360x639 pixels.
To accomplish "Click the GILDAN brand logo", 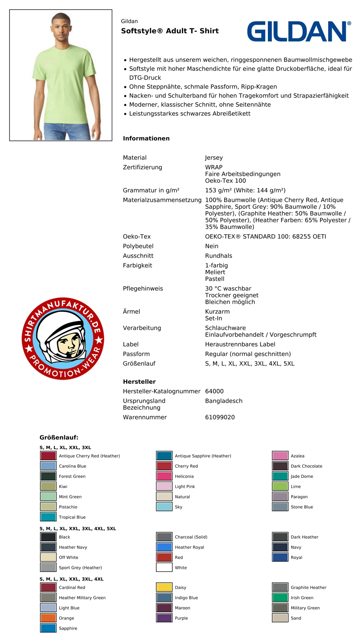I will click(x=299, y=31).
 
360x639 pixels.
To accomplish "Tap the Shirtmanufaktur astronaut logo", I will click(x=63, y=338).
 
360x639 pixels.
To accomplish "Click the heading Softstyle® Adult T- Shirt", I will click(x=170, y=31).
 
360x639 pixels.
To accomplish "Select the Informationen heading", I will click(x=146, y=138).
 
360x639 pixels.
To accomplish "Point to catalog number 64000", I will click(x=214, y=391).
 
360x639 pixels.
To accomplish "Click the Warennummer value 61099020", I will click(x=219, y=417).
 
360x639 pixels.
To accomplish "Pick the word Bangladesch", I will click(x=223, y=401).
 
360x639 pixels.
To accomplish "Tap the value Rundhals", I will click(x=218, y=256).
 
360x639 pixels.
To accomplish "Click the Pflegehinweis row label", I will click(x=142, y=289).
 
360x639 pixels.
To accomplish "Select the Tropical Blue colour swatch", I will click(x=48, y=517).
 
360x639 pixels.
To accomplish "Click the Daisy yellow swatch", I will click(x=164, y=587).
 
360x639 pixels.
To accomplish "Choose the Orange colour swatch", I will click(x=48, y=618).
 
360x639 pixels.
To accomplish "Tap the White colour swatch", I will click(x=164, y=568).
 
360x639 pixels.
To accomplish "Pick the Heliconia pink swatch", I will click(x=164, y=476).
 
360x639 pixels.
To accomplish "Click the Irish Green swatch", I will click(x=280, y=598).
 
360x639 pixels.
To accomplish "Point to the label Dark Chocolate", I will click(x=306, y=466).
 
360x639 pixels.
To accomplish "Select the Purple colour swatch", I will click(x=164, y=618).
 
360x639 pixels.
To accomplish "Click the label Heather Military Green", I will click(x=82, y=598).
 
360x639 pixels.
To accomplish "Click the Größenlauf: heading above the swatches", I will click(x=59, y=438).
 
